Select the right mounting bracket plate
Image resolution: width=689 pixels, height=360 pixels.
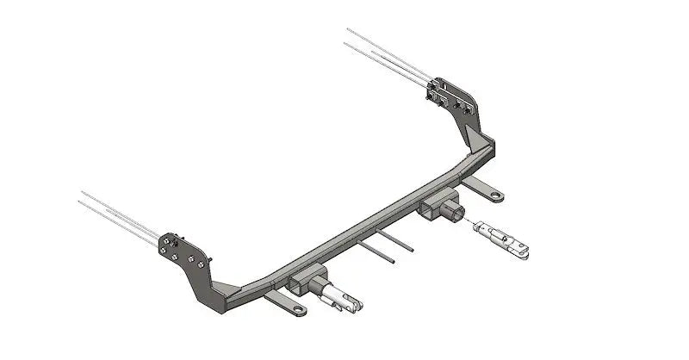(450, 96)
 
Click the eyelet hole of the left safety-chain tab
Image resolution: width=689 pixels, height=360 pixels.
(297, 307)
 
